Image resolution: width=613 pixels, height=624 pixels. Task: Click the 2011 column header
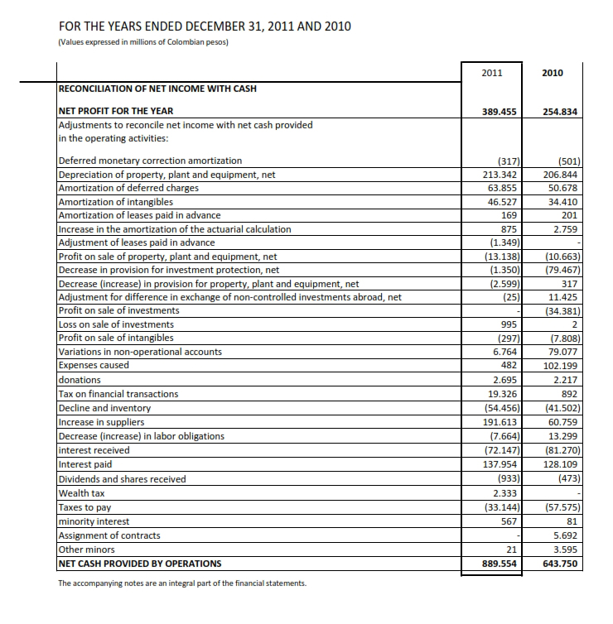point(491,73)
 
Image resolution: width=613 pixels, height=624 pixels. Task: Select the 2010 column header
point(552,73)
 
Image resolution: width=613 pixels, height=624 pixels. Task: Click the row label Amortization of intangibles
point(115,202)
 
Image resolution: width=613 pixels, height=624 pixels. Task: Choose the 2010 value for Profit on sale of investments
point(563,310)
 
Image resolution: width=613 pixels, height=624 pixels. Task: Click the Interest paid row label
point(87,464)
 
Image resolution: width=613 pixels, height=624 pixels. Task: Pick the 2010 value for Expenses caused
point(562,365)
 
